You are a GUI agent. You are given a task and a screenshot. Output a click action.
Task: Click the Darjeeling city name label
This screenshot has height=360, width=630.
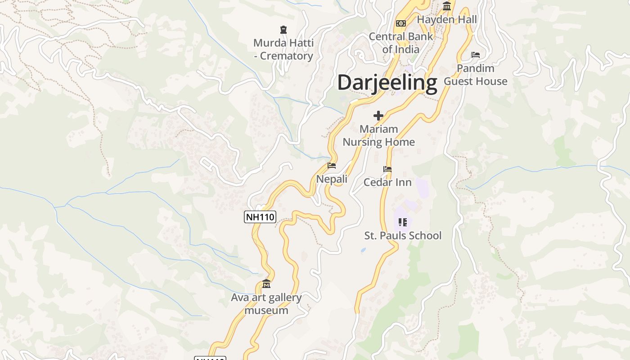point(387,83)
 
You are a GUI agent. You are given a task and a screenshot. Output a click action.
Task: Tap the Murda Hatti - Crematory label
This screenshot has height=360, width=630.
point(283,49)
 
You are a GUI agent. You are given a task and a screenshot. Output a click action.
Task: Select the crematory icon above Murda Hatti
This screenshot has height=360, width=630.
point(283,30)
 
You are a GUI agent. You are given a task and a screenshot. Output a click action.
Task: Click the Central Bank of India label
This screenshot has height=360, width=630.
point(401,43)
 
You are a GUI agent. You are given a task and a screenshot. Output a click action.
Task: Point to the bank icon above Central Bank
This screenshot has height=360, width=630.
point(401,23)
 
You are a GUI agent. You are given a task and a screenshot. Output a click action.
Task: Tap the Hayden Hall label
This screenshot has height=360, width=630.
point(447,20)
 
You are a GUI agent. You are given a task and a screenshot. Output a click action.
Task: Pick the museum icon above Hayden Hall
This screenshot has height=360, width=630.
point(447,6)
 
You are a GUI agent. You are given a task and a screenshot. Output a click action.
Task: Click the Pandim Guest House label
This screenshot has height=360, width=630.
point(476,75)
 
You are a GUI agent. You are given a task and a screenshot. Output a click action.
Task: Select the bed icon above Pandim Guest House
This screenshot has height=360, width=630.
point(476,55)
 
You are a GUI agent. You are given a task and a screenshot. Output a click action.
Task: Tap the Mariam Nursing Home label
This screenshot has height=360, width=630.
point(378,135)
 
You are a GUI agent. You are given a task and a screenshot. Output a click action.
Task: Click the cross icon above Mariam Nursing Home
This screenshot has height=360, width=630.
point(378,116)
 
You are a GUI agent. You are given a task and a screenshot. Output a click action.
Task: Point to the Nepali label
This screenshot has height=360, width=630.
point(332,179)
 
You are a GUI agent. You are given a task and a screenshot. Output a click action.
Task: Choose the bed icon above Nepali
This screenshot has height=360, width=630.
point(332,166)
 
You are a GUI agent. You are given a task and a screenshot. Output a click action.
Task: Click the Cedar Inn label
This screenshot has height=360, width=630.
point(387,182)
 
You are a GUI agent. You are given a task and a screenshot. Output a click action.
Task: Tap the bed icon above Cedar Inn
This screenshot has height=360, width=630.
point(387,169)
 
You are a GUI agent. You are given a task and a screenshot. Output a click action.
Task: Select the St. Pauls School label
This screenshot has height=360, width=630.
point(403,236)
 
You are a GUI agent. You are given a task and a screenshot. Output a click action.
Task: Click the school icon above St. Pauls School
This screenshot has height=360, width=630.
point(403,222)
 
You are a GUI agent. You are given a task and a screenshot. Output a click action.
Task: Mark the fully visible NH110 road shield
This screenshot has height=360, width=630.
point(260,217)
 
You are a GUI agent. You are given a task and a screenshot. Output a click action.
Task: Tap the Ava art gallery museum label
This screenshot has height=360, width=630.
point(266,304)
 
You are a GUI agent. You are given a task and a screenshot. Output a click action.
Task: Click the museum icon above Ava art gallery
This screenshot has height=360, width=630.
point(266,284)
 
